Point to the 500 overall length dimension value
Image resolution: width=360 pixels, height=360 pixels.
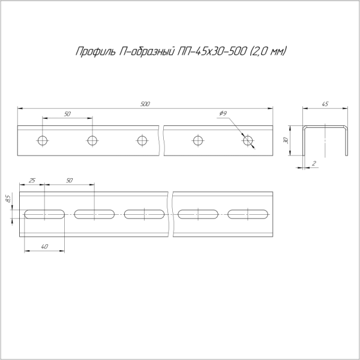pyautogui.click(x=145, y=104)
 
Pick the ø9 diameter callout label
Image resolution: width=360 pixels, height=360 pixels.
pyautogui.click(x=223, y=113)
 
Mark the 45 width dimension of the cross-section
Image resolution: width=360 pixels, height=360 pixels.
pyautogui.click(x=325, y=104)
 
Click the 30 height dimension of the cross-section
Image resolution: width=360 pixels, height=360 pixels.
pyautogui.click(x=287, y=140)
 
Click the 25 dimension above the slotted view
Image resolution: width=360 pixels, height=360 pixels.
pyautogui.click(x=32, y=181)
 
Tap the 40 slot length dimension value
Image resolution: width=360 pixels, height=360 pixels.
pyautogui.click(x=45, y=246)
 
